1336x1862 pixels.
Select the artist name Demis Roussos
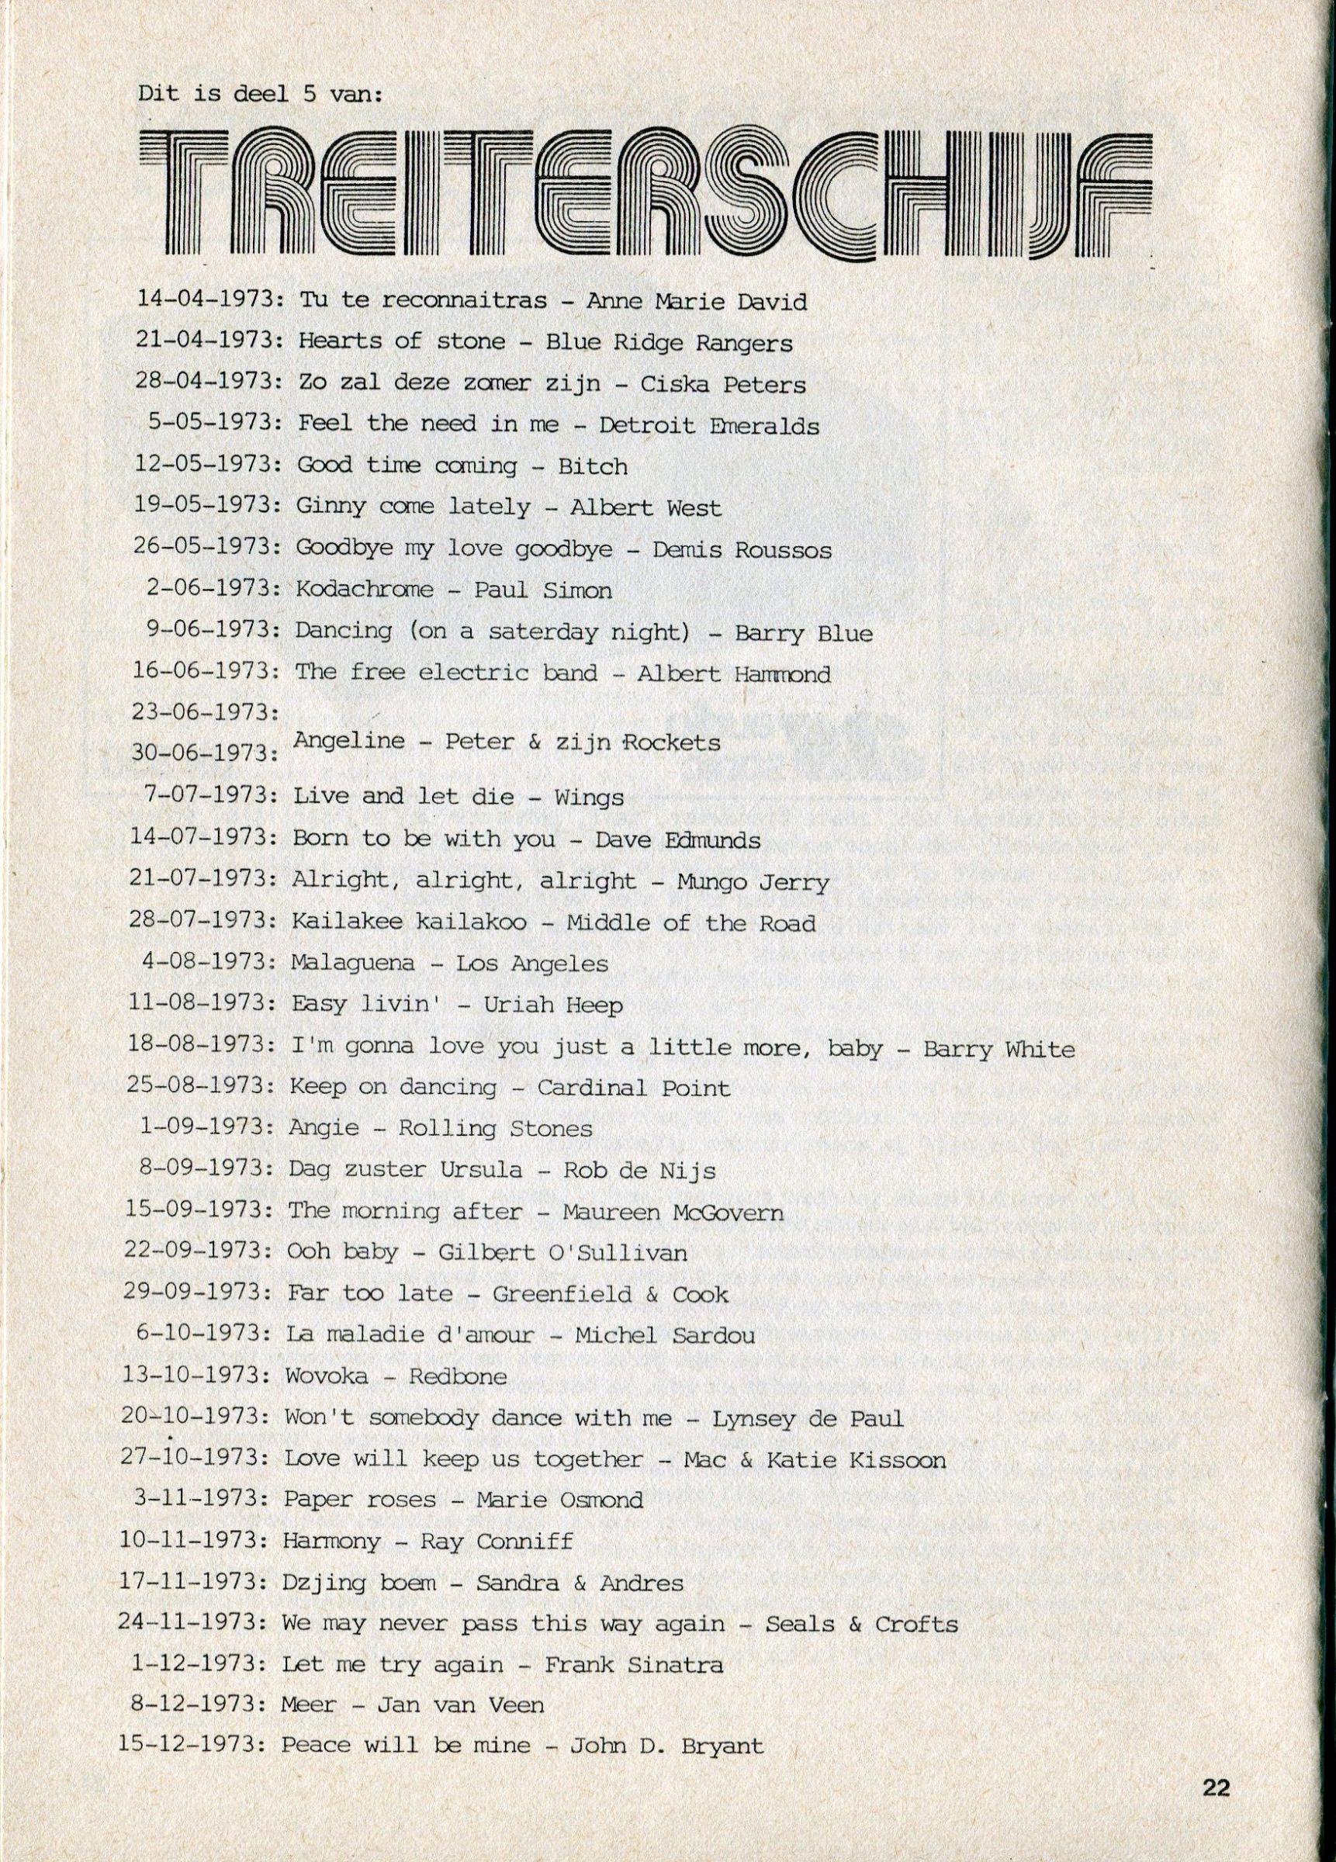coord(742,549)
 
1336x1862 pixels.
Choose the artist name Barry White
coord(999,1048)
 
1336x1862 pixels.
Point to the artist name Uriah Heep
coord(552,1005)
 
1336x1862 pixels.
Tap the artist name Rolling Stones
coord(495,1128)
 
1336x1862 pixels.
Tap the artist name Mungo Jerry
coord(752,882)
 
